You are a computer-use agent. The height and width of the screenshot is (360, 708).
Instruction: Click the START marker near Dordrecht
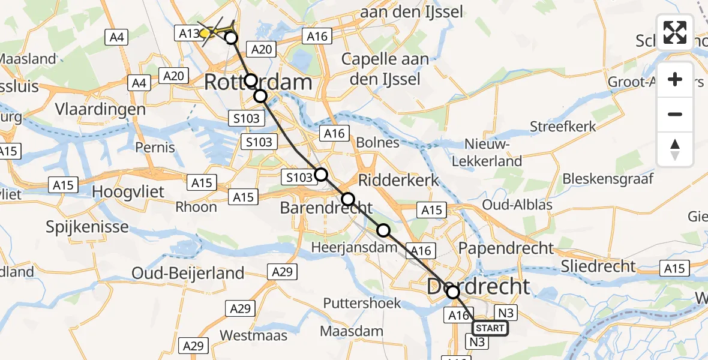click(490, 328)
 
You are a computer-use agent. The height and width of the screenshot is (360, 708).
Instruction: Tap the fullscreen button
click(675, 32)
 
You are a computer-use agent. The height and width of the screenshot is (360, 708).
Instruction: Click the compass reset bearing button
click(675, 149)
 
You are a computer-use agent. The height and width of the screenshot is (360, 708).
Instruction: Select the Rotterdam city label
click(258, 82)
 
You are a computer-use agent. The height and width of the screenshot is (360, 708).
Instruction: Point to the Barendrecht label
click(326, 208)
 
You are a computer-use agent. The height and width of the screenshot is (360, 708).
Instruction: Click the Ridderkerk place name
click(398, 180)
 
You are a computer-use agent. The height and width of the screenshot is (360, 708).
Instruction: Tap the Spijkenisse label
click(88, 227)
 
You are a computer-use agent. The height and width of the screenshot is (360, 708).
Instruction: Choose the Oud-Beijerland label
click(188, 273)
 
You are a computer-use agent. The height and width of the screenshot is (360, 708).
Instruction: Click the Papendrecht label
click(506, 247)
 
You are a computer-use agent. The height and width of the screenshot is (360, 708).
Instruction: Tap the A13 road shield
click(188, 34)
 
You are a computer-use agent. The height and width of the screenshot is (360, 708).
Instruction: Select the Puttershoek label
click(362, 303)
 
